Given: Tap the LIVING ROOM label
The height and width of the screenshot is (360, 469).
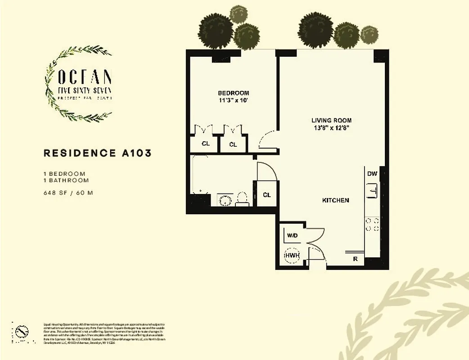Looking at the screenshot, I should (331, 120).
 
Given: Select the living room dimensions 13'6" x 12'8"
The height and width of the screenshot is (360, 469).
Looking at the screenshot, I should (331, 127).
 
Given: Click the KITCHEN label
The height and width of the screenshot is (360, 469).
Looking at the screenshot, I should (335, 200).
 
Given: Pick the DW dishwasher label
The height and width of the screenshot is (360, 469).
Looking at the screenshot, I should (372, 174).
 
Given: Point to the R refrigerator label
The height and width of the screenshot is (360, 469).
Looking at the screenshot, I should (355, 259).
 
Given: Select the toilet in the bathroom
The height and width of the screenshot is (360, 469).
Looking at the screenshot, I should (243, 198).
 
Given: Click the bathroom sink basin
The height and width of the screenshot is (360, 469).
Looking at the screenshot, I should (224, 200).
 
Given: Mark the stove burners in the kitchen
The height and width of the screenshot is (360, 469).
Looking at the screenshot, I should (372, 225).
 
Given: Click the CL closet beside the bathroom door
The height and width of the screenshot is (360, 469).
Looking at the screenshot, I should (266, 195).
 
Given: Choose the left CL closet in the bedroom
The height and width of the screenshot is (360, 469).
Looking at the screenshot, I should (205, 144).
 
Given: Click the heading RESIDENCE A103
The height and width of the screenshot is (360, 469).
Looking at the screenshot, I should (97, 153).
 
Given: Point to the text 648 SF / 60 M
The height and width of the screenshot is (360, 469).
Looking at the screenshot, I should (68, 193).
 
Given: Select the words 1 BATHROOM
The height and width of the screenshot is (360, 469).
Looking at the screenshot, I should (66, 180).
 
